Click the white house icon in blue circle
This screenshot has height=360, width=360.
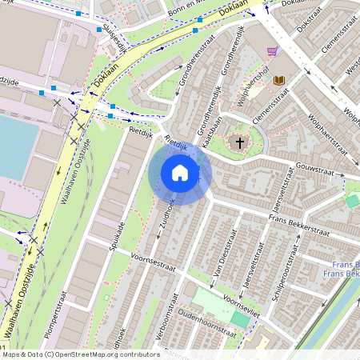(180, 172)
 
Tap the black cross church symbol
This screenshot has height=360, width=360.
(237, 142)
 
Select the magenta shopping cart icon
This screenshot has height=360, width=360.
(273, 51)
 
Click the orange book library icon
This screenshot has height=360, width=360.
(279, 80)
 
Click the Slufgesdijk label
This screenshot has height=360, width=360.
(116, 37)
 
